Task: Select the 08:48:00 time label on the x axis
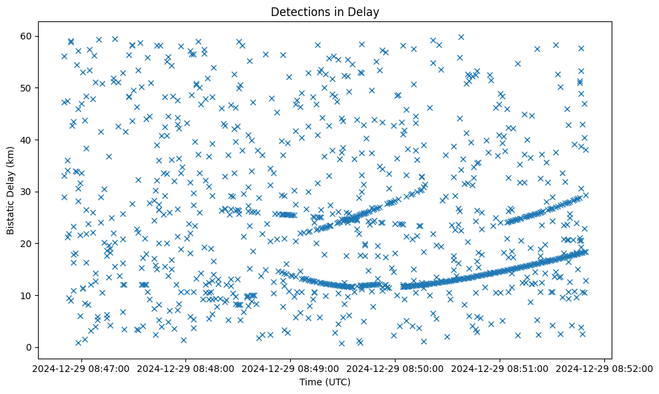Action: [186, 369]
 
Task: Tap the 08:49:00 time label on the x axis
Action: [291, 369]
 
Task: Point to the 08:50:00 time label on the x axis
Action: [396, 369]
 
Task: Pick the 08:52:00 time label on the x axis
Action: [604, 369]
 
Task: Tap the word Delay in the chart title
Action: [364, 11]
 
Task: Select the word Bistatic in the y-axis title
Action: [11, 212]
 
